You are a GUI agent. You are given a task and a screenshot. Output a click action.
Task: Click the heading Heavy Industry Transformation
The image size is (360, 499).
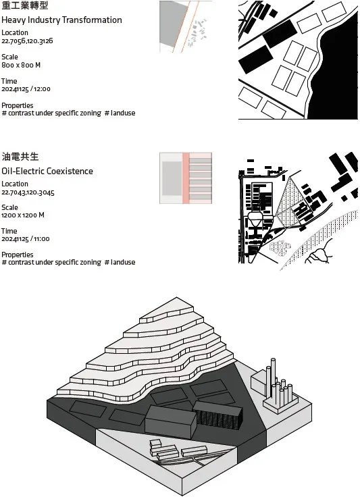(x=61, y=20)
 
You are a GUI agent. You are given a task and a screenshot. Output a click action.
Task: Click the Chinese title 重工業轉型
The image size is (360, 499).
(x=25, y=5)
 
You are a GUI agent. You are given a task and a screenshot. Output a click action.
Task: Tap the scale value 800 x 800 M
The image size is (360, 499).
(x=21, y=65)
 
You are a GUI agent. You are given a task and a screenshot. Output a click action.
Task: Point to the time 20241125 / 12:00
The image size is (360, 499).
(x=26, y=89)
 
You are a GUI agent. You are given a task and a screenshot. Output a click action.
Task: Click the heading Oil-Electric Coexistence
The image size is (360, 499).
(x=47, y=172)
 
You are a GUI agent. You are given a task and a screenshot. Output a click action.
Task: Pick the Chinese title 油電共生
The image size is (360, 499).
(x=20, y=157)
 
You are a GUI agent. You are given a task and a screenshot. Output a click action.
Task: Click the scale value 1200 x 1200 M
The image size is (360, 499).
(x=23, y=215)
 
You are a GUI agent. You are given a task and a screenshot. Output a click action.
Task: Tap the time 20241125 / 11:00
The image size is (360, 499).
(x=26, y=239)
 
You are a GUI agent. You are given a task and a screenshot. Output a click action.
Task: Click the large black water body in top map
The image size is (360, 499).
(x=338, y=70)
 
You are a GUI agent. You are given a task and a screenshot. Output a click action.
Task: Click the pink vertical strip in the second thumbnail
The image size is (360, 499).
(x=186, y=178)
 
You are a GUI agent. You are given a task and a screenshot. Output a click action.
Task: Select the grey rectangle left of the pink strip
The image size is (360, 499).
(x=172, y=178)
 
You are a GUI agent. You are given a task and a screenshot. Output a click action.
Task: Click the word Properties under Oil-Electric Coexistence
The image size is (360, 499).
(x=18, y=255)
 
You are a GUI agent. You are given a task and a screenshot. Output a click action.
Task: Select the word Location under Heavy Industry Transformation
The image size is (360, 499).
(x=15, y=33)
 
